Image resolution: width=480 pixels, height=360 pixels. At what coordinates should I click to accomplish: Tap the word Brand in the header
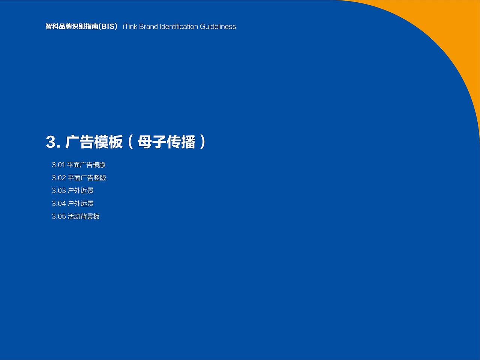click(x=148, y=27)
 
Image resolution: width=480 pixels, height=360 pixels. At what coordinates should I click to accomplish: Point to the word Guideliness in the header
click(x=218, y=27)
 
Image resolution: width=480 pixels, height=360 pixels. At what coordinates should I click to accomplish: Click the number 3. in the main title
click(x=53, y=142)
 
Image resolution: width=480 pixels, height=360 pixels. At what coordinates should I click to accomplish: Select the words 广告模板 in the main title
click(x=94, y=142)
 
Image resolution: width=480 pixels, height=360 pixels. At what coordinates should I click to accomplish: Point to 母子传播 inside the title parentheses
click(x=166, y=142)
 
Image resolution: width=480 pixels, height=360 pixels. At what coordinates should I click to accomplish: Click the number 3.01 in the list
click(x=58, y=165)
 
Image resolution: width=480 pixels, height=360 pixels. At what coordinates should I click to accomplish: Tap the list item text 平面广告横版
click(x=87, y=165)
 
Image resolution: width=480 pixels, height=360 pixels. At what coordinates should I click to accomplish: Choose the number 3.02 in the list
click(x=58, y=178)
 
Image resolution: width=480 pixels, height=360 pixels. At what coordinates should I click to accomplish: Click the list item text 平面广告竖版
click(x=87, y=178)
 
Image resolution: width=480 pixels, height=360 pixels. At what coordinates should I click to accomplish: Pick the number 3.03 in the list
click(x=58, y=191)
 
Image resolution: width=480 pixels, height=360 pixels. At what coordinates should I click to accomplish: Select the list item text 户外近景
click(x=81, y=191)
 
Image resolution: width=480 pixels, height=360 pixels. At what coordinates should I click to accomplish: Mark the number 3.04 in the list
click(x=58, y=204)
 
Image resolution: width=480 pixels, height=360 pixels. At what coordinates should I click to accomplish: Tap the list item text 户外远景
click(x=81, y=204)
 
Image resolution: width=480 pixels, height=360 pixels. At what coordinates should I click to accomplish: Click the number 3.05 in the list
click(x=58, y=217)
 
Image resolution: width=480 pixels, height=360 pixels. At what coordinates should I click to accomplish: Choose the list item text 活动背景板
click(x=84, y=217)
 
